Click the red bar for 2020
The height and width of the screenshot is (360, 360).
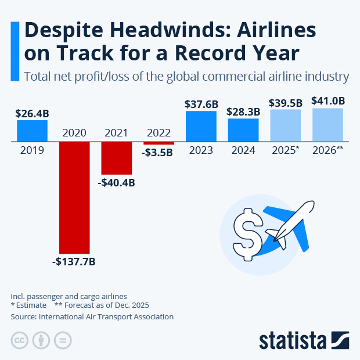(74, 197)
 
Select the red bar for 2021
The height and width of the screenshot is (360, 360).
(117, 158)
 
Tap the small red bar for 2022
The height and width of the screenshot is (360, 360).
(159, 143)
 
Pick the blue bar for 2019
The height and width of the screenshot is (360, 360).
(32, 131)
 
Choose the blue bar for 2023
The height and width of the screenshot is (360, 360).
(201, 126)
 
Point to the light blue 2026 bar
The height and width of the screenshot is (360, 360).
(327, 125)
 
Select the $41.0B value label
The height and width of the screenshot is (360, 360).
(328, 101)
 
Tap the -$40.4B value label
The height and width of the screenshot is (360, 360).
(117, 183)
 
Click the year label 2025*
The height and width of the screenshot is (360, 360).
(286, 150)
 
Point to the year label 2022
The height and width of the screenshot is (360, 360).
(159, 133)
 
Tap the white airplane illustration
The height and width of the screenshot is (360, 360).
(290, 224)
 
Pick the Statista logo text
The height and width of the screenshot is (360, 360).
(293, 340)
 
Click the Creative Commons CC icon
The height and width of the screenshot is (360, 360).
(20, 340)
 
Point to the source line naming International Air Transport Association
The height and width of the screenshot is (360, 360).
(92, 317)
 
